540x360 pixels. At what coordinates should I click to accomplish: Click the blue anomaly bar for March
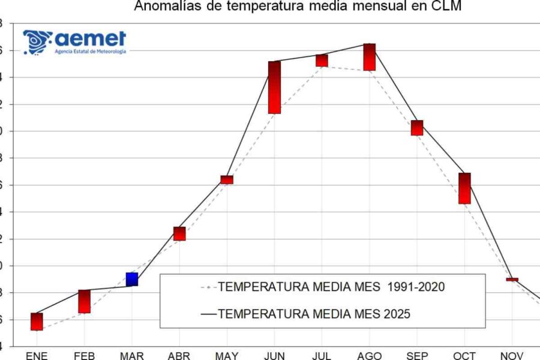coord(132,279)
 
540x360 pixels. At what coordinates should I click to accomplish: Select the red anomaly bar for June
coord(274,88)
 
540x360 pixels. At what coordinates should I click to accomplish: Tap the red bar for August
coord(369,57)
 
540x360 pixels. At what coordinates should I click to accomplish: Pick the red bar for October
coord(464,188)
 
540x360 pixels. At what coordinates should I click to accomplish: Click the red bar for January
coord(37,322)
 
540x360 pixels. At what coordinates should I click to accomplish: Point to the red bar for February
coord(84,302)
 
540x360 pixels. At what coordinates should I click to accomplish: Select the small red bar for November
coord(512,280)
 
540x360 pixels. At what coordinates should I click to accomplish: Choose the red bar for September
coord(417,128)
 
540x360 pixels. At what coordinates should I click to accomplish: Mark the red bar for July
coord(322,61)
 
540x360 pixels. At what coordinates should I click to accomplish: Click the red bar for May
coord(227,180)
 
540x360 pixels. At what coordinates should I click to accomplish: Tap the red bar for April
coord(179,234)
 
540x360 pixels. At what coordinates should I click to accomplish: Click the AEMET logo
coord(74,42)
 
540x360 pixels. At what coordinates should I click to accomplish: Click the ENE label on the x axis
coord(37,356)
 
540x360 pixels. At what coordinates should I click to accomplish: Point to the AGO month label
coord(369,356)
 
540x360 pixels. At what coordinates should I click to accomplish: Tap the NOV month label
coord(511,356)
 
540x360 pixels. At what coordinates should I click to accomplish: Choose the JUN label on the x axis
coord(274,356)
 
